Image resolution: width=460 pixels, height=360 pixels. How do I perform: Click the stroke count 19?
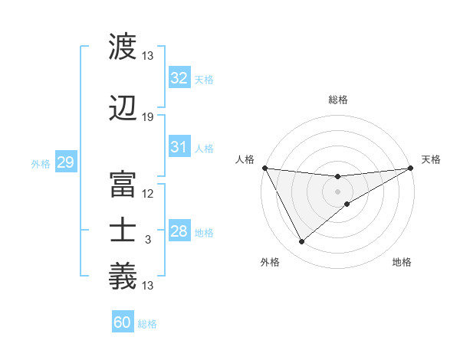pos(148,117)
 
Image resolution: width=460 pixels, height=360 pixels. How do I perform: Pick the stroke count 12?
pos(148,194)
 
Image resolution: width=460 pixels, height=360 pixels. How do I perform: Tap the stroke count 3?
pos(148,240)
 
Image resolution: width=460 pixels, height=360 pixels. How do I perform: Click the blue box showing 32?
pos(179,78)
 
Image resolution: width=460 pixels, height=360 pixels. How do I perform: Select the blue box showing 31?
pos(179,147)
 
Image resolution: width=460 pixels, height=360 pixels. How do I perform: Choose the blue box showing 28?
pos(179,231)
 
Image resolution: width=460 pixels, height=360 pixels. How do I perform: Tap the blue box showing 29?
pos(65,162)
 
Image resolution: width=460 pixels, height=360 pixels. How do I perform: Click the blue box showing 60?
pos(123,322)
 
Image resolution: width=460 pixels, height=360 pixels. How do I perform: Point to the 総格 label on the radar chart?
pos(338,100)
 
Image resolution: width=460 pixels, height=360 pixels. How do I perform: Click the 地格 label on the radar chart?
pos(402,262)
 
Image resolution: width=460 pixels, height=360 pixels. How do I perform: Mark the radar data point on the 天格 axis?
pos(412,168)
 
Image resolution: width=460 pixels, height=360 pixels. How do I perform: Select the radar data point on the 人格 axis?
pos(264,168)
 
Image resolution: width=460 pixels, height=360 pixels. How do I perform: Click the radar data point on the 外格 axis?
pos(301,242)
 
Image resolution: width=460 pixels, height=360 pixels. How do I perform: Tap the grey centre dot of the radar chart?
pos(338,191)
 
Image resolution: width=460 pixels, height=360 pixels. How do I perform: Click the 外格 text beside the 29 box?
pos(41,163)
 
